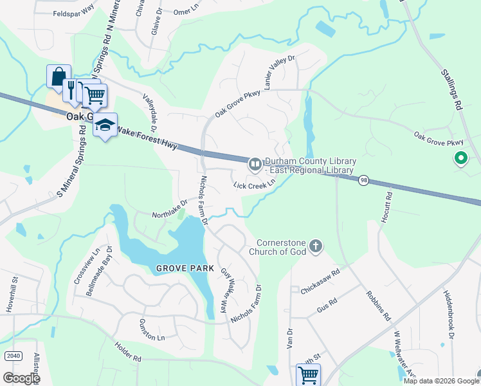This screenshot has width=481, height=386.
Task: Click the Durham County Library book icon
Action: [255, 165]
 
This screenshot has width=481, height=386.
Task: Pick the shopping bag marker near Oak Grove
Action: [58, 77]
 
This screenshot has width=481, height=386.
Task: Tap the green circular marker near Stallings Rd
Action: [460, 158]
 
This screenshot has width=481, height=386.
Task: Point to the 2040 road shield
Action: [12, 356]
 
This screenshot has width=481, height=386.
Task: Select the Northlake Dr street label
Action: [169, 209]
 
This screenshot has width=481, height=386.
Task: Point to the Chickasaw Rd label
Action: [320, 281]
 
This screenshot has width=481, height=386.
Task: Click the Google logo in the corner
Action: [21, 378]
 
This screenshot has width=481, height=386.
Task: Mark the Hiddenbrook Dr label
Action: [448, 313]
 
